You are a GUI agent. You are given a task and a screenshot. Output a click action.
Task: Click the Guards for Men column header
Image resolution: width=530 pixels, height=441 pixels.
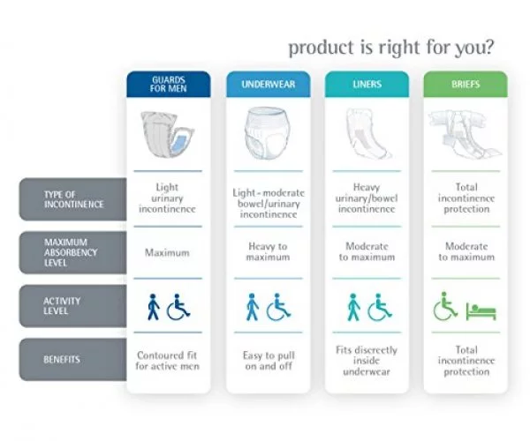tap(169, 84)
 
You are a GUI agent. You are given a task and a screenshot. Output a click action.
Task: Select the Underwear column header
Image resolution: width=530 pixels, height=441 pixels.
tap(268, 84)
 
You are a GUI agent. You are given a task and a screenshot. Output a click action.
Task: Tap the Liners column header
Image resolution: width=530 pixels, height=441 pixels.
tap(367, 84)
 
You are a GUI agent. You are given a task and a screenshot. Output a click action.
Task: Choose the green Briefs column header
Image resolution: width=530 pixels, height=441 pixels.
tap(466, 84)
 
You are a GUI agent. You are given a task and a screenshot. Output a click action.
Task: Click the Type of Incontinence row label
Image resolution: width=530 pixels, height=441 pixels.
tap(73, 199)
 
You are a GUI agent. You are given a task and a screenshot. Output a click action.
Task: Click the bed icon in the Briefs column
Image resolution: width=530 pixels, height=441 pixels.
tap(481, 310)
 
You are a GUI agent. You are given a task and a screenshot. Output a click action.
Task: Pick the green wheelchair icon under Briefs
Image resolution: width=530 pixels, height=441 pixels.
tap(445, 306)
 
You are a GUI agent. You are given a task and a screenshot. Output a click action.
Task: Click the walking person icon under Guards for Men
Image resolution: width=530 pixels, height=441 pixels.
tap(154, 307)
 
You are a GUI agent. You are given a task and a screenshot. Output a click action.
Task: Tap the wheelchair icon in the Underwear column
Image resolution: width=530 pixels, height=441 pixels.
tap(278, 307)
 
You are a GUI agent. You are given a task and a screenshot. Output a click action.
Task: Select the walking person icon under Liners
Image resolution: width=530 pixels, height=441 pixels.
tap(353, 307)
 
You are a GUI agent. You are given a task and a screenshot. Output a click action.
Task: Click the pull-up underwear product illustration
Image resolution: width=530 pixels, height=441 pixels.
tap(268, 133)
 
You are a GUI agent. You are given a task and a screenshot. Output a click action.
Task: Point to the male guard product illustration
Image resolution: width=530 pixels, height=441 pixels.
tap(167, 134)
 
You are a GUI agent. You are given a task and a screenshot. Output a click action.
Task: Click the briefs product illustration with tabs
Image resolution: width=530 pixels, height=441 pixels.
tap(466, 133)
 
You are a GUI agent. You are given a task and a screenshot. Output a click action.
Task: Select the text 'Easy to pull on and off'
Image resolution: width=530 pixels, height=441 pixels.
tap(269, 361)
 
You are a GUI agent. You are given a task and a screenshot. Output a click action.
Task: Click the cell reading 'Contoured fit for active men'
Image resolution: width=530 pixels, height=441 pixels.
tap(167, 361)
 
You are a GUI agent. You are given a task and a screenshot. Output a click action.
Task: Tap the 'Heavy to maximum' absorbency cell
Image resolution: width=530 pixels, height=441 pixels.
tap(268, 251)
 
